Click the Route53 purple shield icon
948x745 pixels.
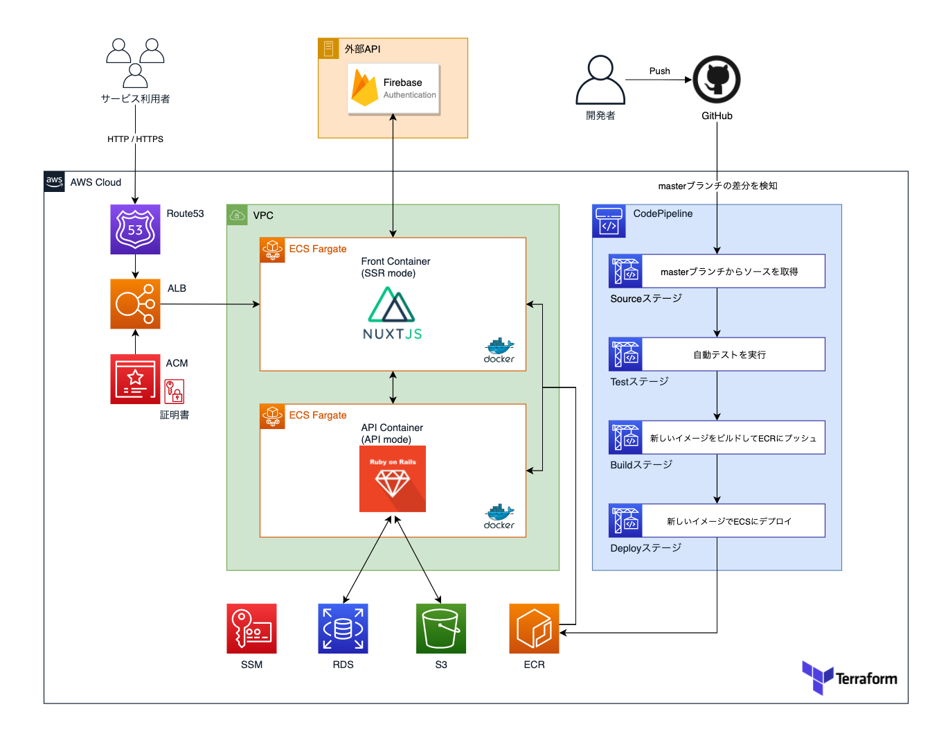pyautogui.click(x=135, y=229)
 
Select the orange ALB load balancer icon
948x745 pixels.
pyautogui.click(x=135, y=304)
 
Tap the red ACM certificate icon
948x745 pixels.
pyautogui.click(x=135, y=379)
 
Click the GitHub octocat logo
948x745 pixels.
pyautogui.click(x=717, y=80)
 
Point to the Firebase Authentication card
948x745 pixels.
pyautogui.click(x=393, y=89)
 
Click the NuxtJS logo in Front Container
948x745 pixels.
pyautogui.click(x=392, y=313)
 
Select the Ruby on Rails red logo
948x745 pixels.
pyautogui.click(x=393, y=479)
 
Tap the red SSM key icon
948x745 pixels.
pyautogui.click(x=251, y=629)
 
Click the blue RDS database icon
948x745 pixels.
pyautogui.click(x=343, y=629)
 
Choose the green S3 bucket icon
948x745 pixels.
pyautogui.click(x=441, y=629)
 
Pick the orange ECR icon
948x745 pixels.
pyautogui.click(x=534, y=629)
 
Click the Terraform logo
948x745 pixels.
pyautogui.click(x=850, y=678)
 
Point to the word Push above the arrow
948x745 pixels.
pyautogui.click(x=659, y=71)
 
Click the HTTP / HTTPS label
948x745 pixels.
pyautogui.click(x=135, y=139)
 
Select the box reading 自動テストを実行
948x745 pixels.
pyautogui.click(x=729, y=354)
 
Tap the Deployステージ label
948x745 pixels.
pyautogui.click(x=645, y=548)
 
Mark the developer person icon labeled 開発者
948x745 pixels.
pyautogui.click(x=600, y=80)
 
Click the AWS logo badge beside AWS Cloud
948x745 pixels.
pyautogui.click(x=55, y=182)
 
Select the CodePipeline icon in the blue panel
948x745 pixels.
pyautogui.click(x=609, y=221)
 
